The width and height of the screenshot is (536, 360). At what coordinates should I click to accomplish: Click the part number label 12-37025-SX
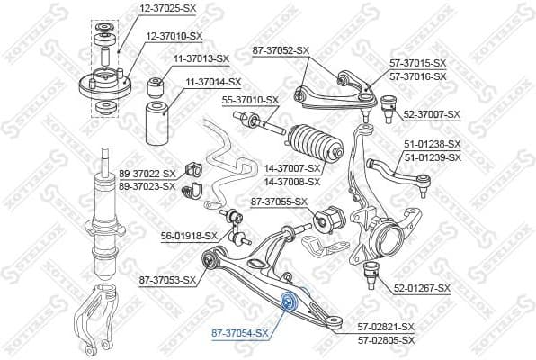167,8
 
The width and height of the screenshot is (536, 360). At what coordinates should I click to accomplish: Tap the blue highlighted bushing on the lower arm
290,300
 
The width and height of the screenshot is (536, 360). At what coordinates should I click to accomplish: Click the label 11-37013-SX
201,58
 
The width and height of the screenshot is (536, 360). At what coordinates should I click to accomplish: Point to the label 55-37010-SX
251,100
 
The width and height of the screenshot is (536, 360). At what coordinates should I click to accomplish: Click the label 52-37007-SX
432,114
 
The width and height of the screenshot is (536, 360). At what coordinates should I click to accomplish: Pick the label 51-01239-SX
432,157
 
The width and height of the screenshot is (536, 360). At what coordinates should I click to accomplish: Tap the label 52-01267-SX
424,289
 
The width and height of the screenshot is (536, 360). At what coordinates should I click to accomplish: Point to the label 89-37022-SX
147,174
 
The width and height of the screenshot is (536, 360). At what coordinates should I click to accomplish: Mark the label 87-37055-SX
279,202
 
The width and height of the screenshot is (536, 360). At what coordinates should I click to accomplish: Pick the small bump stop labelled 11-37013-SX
155,85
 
